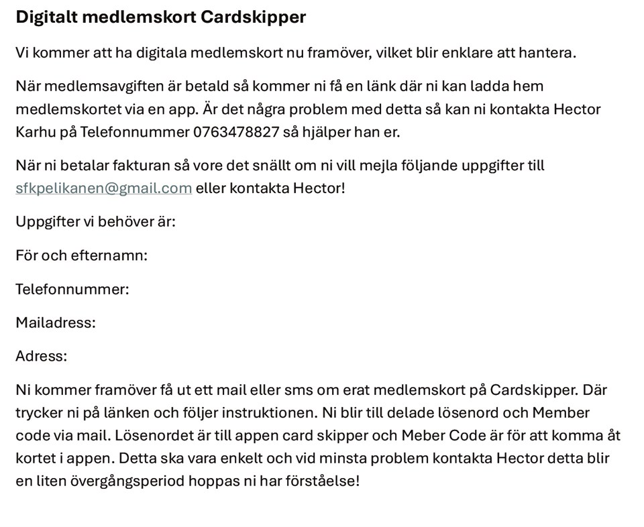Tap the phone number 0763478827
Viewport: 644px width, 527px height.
tap(235, 132)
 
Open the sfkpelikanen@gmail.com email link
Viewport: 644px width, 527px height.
tap(103, 188)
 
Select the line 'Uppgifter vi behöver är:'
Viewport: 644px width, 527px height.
tap(95, 221)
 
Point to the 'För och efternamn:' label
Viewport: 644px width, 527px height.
tap(81, 255)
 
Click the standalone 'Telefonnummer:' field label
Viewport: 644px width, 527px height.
tap(72, 289)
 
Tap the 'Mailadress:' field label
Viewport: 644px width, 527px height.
tap(56, 323)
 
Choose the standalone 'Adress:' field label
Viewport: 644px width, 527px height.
tap(41, 356)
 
